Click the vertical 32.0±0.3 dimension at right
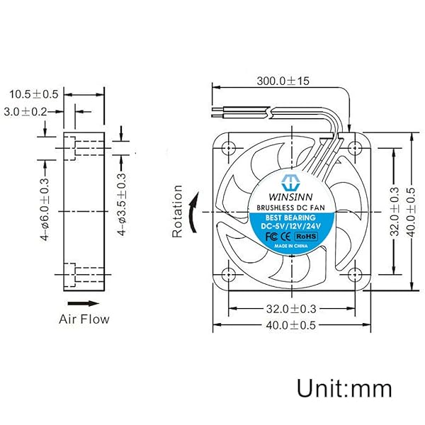[x=395, y=211]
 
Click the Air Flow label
[x=84, y=319]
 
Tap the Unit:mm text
[x=344, y=388]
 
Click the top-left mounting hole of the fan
[x=228, y=148]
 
